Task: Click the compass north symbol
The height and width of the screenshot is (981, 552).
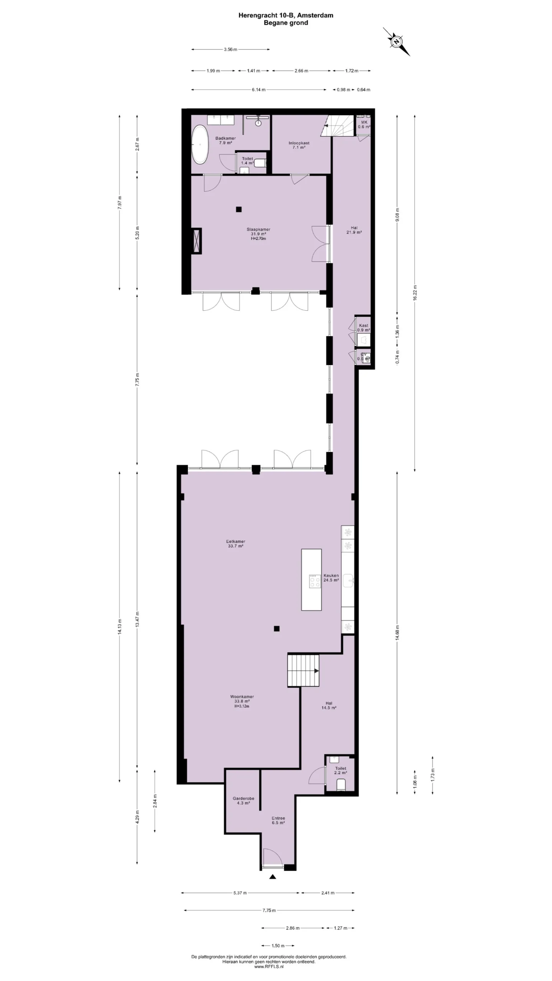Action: [396, 41]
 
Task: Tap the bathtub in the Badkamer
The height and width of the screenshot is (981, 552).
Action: [200, 144]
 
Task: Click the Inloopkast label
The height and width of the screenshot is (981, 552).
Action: [299, 145]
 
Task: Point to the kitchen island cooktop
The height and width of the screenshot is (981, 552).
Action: [315, 581]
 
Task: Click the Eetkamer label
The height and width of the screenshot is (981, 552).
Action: [236, 544]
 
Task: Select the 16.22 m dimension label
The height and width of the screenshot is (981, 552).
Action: [415, 293]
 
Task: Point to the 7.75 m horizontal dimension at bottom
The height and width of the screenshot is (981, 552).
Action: [269, 910]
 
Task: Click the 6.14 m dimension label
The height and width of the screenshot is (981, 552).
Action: [258, 90]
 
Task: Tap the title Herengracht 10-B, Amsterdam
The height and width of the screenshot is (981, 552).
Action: [286, 15]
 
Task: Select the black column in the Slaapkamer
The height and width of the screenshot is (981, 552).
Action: [239, 209]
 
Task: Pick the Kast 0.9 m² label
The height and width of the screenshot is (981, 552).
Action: [363, 328]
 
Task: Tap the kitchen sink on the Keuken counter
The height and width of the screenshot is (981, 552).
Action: [348, 580]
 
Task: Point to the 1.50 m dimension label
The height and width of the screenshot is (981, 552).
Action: [278, 946]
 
